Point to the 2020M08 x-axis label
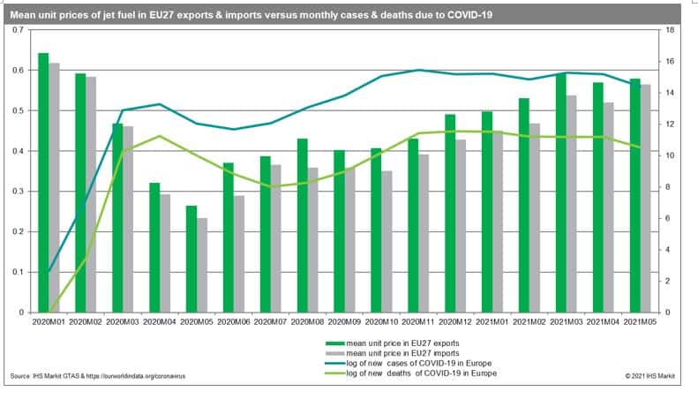point(309,321)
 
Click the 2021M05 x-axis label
point(642,321)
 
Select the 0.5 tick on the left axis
point(19,110)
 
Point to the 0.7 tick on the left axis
point(19,30)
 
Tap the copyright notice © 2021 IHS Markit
point(650,376)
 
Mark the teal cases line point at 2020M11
point(419,71)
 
